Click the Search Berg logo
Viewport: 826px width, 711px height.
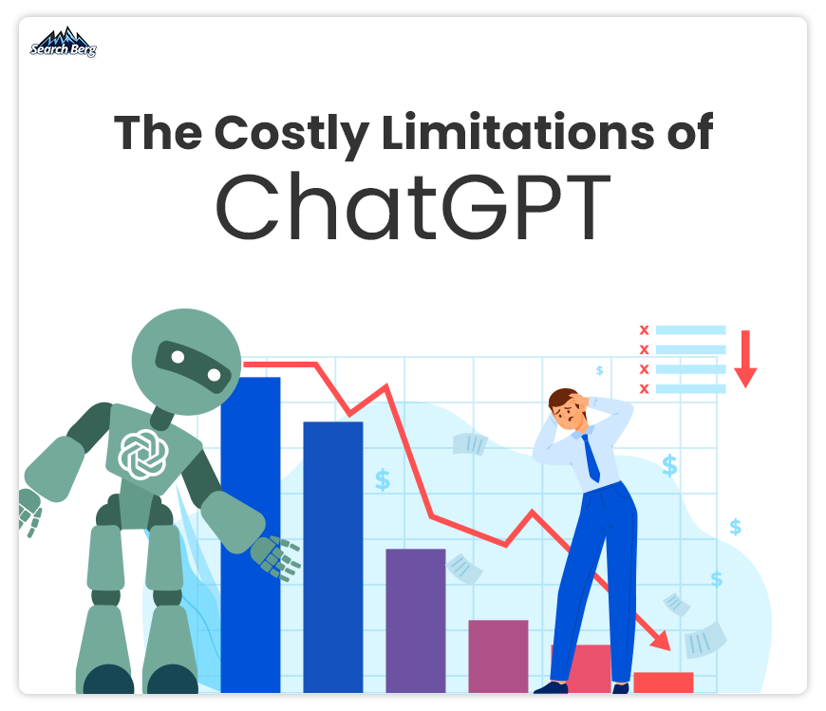[64, 42]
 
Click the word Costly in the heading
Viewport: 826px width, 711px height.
[291, 134]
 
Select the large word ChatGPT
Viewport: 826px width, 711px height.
[413, 206]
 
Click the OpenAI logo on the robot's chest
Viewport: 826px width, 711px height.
[143, 454]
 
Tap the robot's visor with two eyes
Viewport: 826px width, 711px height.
[194, 366]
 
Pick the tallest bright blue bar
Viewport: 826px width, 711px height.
[251, 534]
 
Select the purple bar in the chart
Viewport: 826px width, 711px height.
[416, 621]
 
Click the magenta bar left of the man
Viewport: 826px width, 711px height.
[497, 656]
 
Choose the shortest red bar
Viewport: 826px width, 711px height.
[664, 683]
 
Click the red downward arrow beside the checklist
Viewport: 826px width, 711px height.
[745, 359]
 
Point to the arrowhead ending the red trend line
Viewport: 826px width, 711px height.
[661, 641]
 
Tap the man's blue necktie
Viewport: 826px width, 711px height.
[591, 458]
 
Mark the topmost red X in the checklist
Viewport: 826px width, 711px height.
[644, 330]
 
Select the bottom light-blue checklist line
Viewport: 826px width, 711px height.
[690, 388]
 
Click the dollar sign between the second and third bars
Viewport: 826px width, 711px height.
[383, 479]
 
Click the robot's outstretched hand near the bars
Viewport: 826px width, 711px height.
[275, 558]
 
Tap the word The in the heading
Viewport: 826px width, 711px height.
[158, 132]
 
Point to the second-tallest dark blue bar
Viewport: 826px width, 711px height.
[333, 557]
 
